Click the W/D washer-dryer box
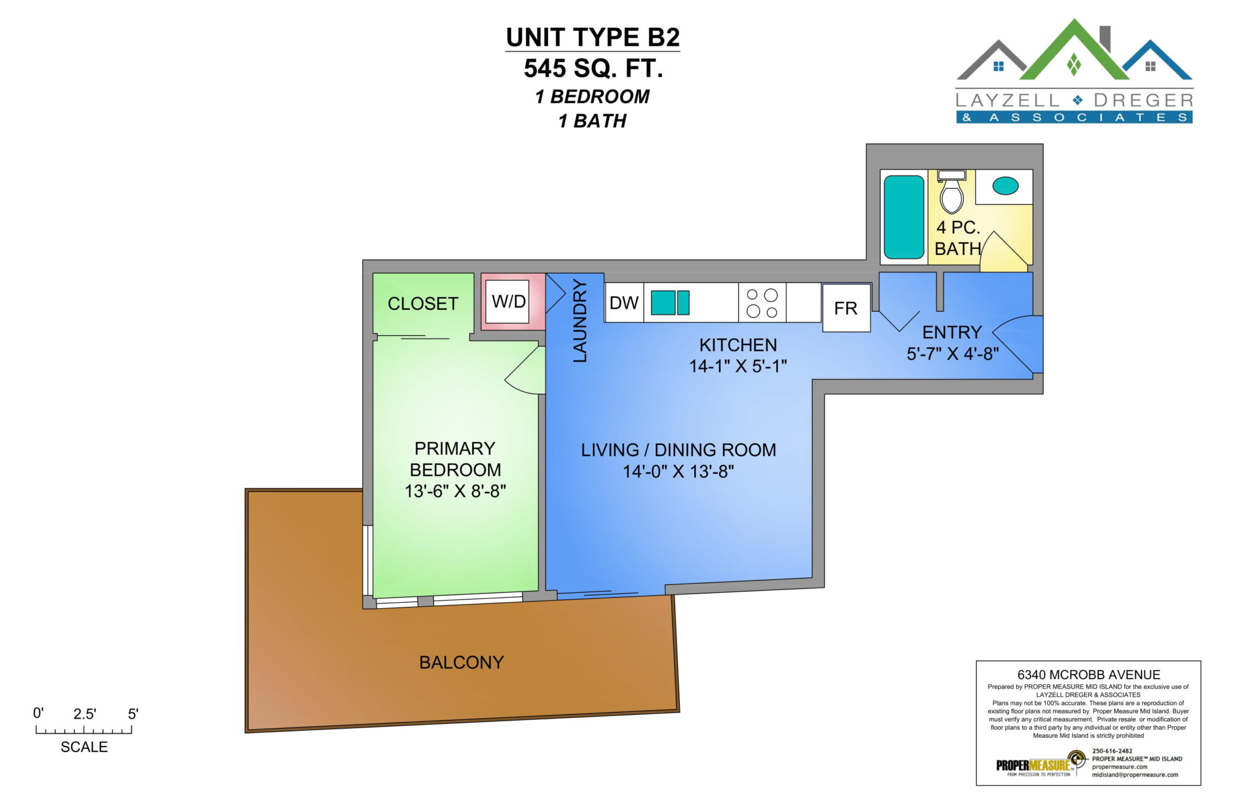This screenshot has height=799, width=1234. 507,301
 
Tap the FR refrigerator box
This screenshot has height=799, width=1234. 846,307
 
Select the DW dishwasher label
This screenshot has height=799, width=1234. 624,303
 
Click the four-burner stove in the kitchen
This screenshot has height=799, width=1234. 762,303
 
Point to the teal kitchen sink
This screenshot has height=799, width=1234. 670,303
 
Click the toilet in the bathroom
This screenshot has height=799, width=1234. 951,191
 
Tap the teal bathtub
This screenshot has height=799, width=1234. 904,217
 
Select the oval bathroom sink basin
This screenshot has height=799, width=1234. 1005,186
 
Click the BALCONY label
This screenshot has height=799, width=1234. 462,663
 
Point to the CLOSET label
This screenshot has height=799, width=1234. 423,304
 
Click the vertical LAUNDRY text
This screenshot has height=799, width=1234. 579,320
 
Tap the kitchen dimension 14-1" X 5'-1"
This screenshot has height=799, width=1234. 738,366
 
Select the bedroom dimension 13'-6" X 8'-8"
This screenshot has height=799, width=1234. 455,492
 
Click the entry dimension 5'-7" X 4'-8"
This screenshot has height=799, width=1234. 953,354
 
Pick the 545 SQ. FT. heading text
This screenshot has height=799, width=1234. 594,68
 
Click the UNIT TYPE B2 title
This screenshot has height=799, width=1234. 593,37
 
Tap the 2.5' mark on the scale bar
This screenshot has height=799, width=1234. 85,714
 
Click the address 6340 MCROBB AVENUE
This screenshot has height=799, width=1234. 1088,675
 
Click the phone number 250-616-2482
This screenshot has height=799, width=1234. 1112,751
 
